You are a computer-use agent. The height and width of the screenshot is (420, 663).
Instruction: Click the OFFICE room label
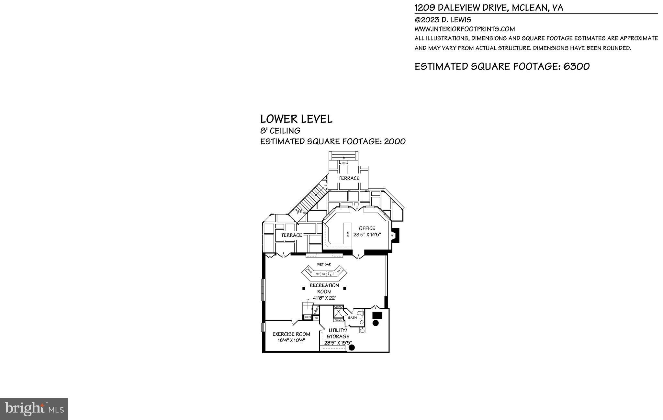coord(367,228)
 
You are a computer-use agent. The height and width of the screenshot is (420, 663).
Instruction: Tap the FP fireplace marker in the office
coord(392,236)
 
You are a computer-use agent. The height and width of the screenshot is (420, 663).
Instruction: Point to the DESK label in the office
coord(348,234)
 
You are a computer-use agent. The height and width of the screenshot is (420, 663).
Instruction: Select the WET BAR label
coord(324,264)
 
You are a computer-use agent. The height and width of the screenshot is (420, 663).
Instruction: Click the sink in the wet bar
coord(331,274)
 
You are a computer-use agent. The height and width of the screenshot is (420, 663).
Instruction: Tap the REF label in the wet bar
coord(318,274)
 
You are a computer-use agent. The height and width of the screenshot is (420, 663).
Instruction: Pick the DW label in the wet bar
coord(338,271)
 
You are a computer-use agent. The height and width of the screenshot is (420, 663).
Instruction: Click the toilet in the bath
coord(361,314)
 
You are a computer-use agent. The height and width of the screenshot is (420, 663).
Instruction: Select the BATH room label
coord(352,318)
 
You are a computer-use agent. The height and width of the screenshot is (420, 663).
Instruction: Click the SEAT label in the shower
coord(338,307)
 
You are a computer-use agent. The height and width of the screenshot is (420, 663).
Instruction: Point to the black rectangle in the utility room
coord(377,315)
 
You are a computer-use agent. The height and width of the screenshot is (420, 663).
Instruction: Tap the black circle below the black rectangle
coord(376,323)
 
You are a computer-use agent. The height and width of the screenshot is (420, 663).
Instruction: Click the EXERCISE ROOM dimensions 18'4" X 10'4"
coord(291,340)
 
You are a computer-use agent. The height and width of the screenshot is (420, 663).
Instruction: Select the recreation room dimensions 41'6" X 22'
coord(324,298)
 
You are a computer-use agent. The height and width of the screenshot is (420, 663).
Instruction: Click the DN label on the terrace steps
coord(344,163)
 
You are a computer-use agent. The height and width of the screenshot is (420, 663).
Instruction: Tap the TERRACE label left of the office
coord(291,235)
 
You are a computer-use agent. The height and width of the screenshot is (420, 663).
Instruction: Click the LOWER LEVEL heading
coord(296,119)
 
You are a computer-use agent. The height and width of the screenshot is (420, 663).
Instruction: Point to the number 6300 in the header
coord(576,67)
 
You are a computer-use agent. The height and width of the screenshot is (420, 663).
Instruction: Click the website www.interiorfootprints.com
coord(465,29)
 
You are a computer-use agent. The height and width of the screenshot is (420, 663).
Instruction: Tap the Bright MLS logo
coord(34,409)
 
